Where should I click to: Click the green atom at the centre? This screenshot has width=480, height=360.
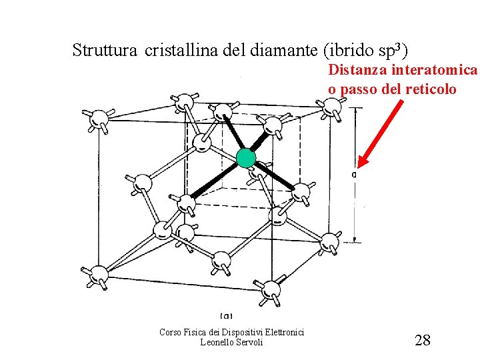246,158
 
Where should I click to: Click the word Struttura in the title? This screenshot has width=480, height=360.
103,50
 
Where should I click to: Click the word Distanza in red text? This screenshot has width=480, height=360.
358,70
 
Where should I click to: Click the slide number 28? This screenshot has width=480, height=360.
423,341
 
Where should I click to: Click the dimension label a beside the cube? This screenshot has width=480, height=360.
353,175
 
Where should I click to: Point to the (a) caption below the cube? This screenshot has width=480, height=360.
226,315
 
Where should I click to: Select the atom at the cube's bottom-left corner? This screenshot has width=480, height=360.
99,273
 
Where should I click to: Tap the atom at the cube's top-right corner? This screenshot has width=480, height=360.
330,107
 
